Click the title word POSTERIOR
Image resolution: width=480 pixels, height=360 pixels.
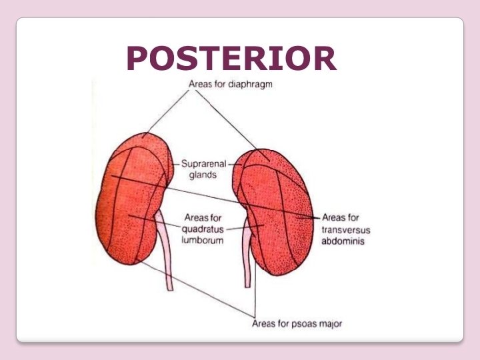coord(231,59)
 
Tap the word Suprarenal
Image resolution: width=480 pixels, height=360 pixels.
coord(203,163)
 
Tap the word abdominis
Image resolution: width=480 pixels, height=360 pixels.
coord(343,241)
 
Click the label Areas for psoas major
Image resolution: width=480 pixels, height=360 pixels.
coord(297,324)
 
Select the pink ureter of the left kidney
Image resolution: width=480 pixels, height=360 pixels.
coord(167,253)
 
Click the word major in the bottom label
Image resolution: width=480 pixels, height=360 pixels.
coord(331,324)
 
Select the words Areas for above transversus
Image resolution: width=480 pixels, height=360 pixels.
coord(341,217)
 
